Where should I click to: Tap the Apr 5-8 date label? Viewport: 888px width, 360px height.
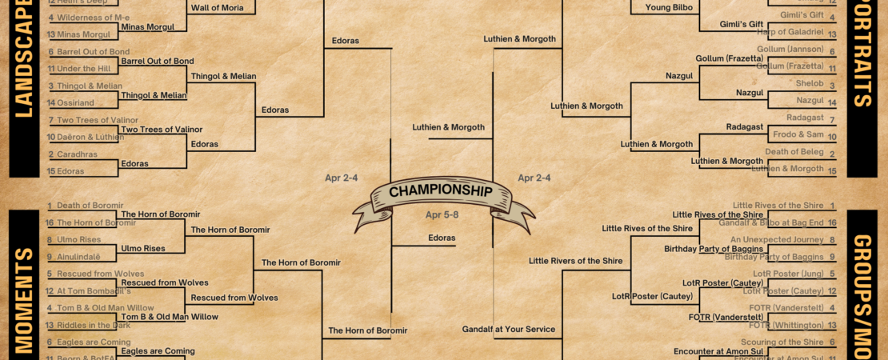pyautogui.click(x=442, y=214)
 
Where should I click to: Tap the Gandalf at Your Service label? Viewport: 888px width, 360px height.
pyautogui.click(x=509, y=329)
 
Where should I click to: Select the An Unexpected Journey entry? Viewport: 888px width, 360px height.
pyautogui.click(x=776, y=240)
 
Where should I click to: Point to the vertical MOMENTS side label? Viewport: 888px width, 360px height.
pyautogui.click(x=24, y=300)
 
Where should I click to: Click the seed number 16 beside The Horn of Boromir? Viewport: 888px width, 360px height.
pyautogui.click(x=50, y=223)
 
